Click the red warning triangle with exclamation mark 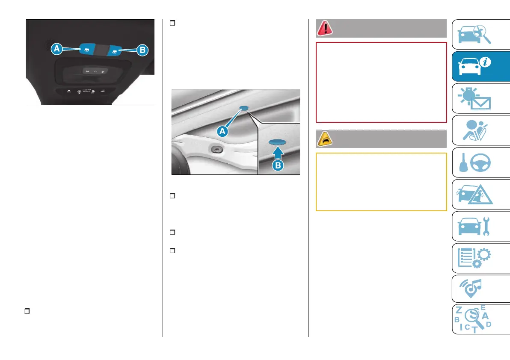(323, 28)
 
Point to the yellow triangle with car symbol (323, 139)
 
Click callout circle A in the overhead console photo (56, 50)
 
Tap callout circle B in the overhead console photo (142, 50)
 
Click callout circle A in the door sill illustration (222, 132)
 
